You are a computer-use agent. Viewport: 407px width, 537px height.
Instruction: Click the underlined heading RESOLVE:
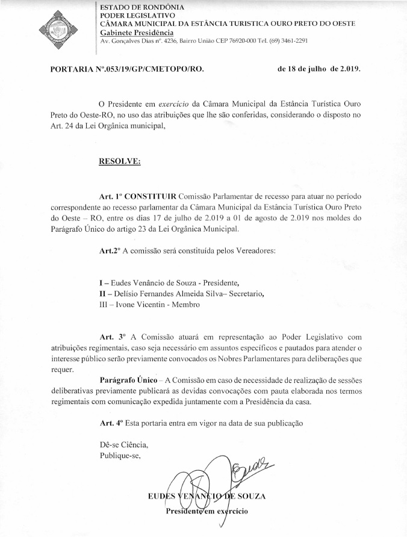[120, 161]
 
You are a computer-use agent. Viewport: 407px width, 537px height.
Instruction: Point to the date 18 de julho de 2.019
[319, 69]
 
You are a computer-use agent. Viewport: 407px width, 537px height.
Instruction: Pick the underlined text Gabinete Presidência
[137, 32]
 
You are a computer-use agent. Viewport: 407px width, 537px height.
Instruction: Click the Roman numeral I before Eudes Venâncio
[101, 282]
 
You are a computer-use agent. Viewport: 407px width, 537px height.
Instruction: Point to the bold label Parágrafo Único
[129, 380]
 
